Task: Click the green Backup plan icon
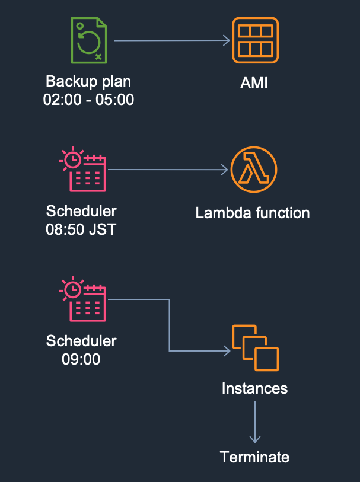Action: [x=88, y=40]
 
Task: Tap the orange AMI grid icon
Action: [x=255, y=40]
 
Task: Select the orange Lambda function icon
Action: [x=254, y=170]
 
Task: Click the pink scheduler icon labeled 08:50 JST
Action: [x=84, y=170]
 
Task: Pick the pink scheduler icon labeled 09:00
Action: [x=84, y=299]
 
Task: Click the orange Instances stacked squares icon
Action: [x=255, y=347]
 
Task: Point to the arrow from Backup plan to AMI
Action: [x=172, y=40]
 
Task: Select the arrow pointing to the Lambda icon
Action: [x=169, y=170]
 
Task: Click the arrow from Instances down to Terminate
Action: [x=255, y=422]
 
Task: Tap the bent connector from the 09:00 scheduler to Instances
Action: [x=170, y=332]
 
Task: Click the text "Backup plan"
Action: [x=88, y=81]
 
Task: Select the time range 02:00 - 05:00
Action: [x=88, y=99]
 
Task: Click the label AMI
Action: [x=254, y=82]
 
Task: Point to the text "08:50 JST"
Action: [x=81, y=229]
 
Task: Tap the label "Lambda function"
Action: [x=253, y=212]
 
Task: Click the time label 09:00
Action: [x=81, y=359]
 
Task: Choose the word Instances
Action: [x=254, y=388]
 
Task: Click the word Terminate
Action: [x=254, y=457]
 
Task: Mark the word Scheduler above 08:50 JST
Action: [x=81, y=211]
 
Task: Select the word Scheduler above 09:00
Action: [x=81, y=341]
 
